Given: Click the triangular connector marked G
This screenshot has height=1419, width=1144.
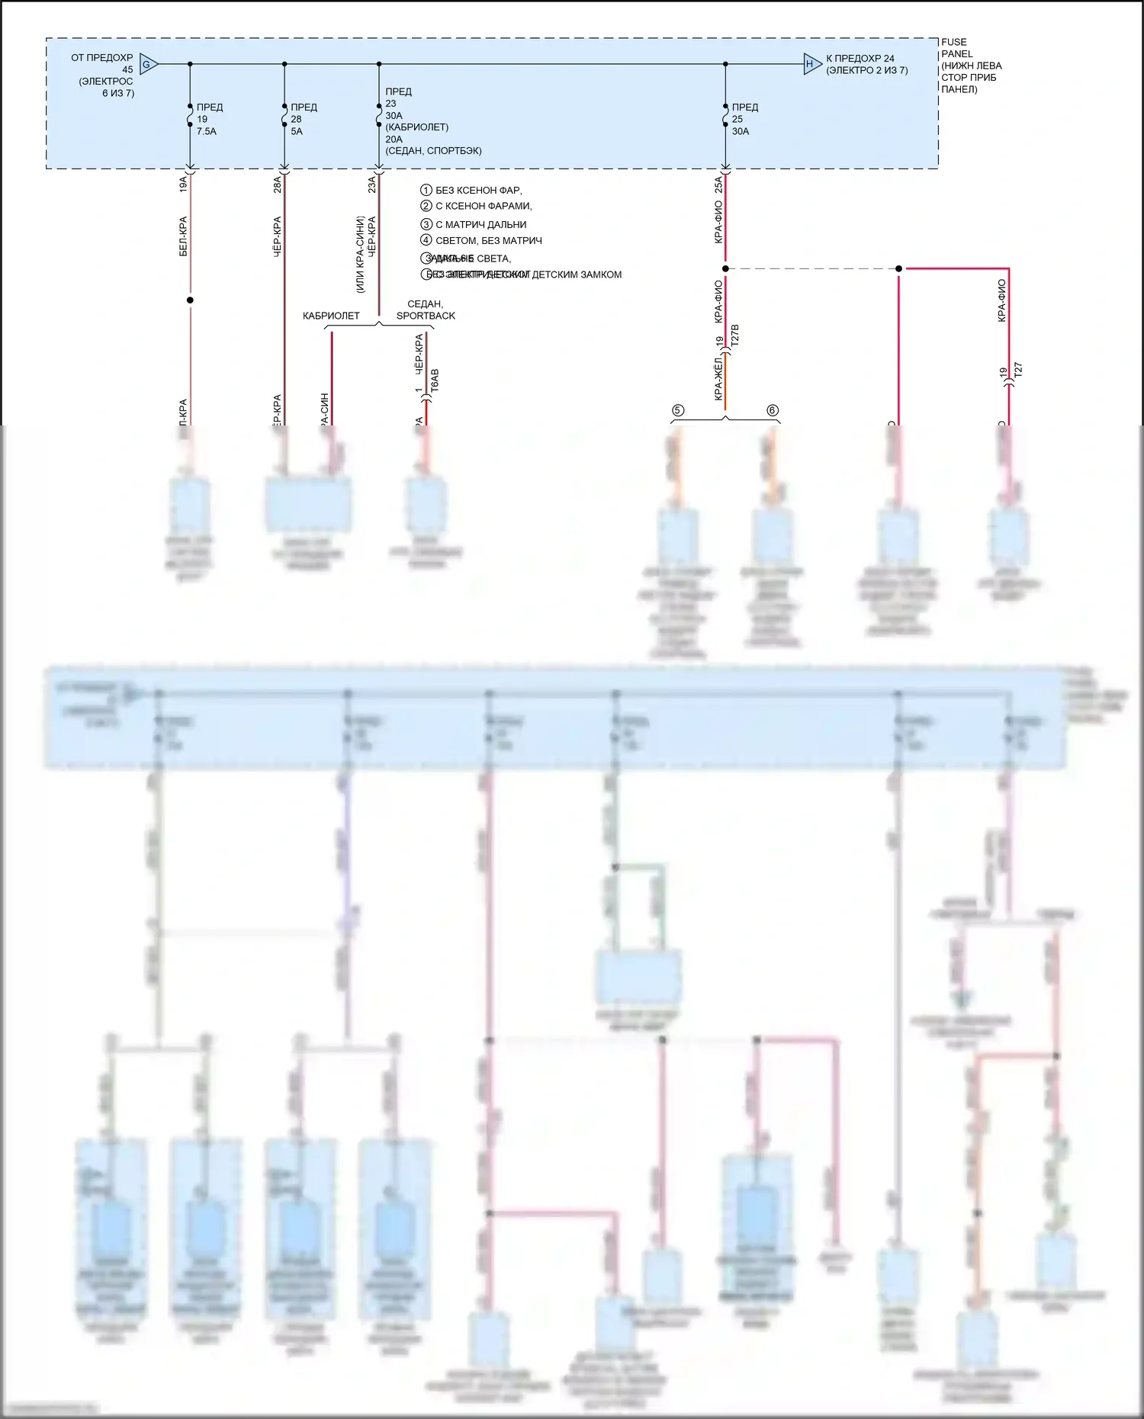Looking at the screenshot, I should [148, 64].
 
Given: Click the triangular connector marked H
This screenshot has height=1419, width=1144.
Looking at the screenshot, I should [811, 64].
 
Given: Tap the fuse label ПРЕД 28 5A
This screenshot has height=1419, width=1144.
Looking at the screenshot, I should [303, 119].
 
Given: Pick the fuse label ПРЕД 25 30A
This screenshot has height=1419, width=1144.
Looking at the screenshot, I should [744, 119].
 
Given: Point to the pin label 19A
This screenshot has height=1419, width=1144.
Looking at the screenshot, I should [183, 184].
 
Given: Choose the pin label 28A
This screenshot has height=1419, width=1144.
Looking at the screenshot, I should [278, 184].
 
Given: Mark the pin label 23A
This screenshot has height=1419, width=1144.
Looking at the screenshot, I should [372, 184].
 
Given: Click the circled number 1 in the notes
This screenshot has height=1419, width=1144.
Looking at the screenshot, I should [426, 190].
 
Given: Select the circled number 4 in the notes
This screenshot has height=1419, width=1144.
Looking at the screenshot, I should [426, 240].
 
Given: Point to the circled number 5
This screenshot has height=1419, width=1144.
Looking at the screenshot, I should [677, 410].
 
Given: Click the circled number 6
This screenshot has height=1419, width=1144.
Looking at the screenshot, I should [773, 410].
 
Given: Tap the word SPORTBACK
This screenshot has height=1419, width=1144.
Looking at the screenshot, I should [426, 316].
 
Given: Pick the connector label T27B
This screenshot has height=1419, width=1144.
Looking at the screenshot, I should [735, 336].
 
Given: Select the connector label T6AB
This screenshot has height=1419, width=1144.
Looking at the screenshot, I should [435, 381].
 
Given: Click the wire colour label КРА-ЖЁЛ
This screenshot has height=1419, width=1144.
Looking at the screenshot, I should [718, 378].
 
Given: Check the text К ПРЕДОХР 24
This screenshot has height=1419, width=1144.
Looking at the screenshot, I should [860, 58].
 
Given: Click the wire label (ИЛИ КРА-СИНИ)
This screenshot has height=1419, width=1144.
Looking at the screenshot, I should [360, 254].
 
